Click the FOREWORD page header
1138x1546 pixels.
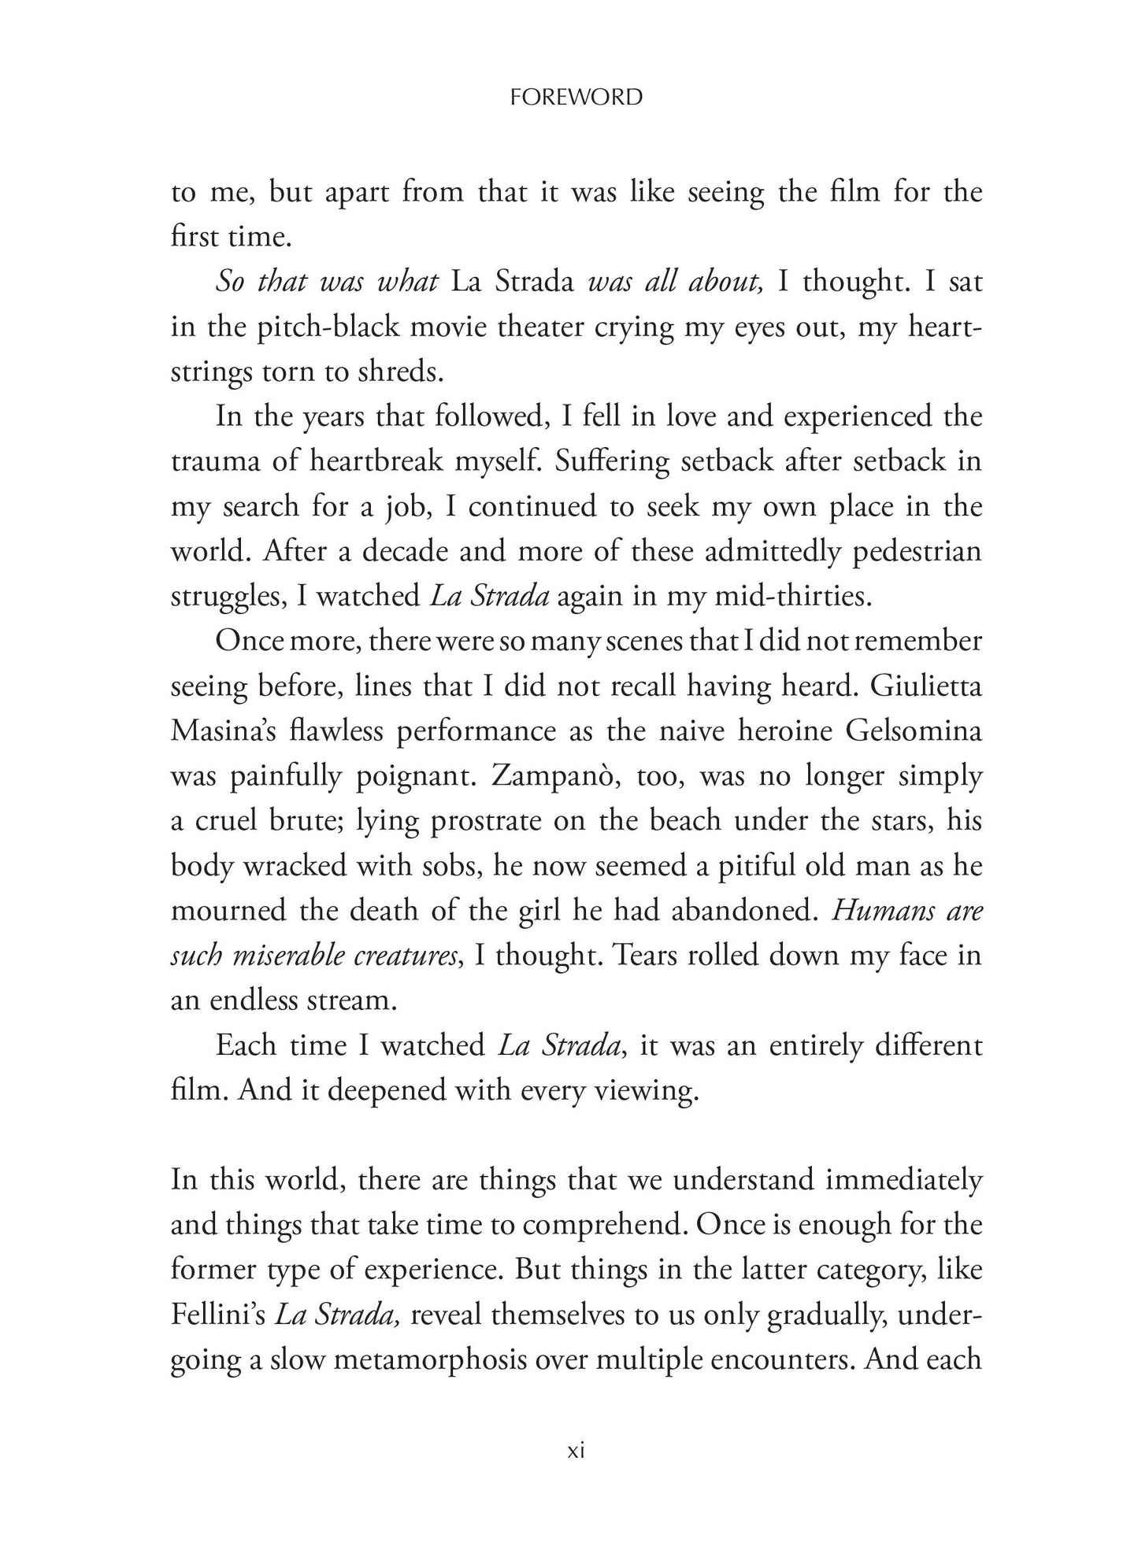point(576,98)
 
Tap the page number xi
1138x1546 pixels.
point(576,1451)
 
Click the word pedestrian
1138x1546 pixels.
point(918,552)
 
